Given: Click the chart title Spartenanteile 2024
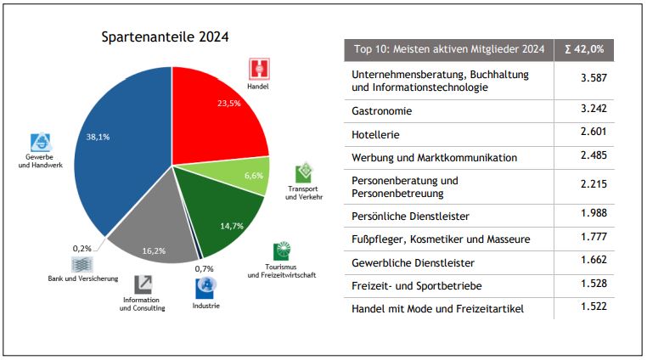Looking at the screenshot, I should click(165, 37).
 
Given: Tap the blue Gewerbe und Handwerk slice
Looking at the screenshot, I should click(115, 144).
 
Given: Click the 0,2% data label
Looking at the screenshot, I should click(82, 249).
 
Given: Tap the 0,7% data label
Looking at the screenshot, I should click(204, 269).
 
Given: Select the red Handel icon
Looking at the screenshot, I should click(258, 70).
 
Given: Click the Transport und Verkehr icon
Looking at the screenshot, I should click(303, 174).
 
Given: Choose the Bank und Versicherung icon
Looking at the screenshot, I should click(82, 265).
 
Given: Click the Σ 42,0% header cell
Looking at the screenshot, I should click(583, 49).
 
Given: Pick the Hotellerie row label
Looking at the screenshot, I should click(375, 134).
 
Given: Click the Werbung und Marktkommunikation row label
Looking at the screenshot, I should click(434, 157).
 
